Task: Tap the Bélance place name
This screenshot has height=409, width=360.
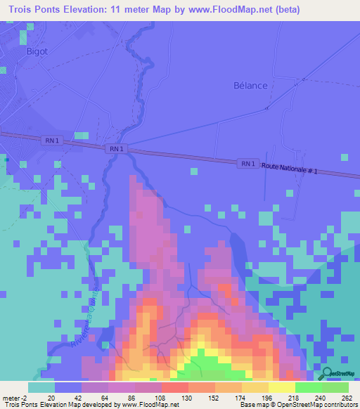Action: coord(250,86)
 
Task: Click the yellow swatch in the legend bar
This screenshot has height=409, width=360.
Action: coord(281,387)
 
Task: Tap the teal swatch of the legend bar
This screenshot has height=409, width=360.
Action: coord(41,387)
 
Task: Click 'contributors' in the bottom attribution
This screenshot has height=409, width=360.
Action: coord(339,405)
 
